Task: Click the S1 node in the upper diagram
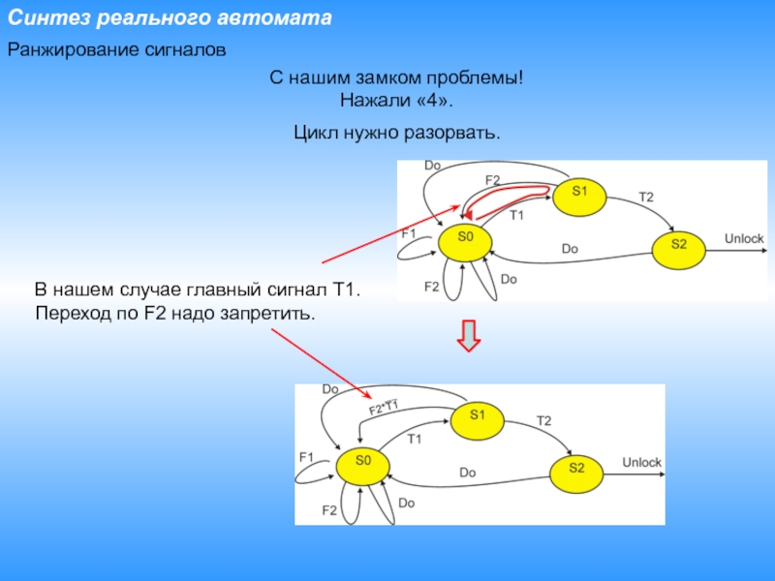pyautogui.click(x=579, y=192)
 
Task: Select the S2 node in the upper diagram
pyautogui.click(x=678, y=244)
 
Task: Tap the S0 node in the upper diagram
pyautogui.click(x=464, y=237)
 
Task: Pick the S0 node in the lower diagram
pyautogui.click(x=363, y=461)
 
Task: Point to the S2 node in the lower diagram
pyautogui.click(x=576, y=469)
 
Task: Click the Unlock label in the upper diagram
pyautogui.click(x=744, y=238)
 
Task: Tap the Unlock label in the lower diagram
pyautogui.click(x=641, y=463)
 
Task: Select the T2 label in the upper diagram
pyautogui.click(x=646, y=198)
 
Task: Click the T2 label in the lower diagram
pyautogui.click(x=543, y=420)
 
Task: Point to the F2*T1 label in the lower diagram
pyautogui.click(x=385, y=408)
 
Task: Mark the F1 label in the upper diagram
pyautogui.click(x=409, y=233)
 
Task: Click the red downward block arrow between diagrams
pyautogui.click(x=469, y=337)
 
